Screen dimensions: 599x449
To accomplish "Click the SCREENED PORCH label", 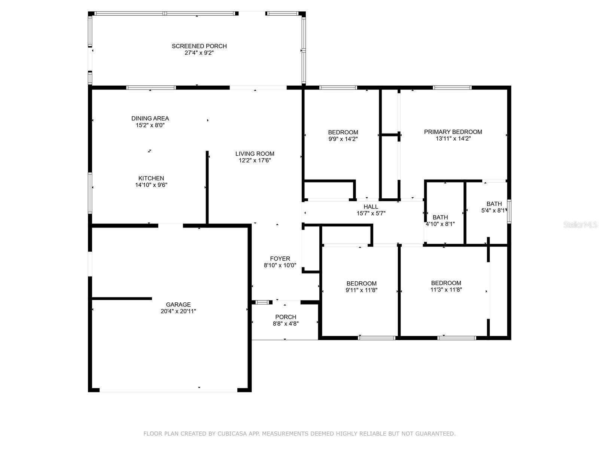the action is [199, 46].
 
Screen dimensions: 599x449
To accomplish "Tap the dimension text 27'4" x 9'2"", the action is [199, 53].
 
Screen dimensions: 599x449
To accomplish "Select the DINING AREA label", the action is [150, 118].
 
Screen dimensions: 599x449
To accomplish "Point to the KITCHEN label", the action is [151, 178].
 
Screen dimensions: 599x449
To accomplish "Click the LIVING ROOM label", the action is [255, 154].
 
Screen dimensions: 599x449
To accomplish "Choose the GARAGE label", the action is [178, 305].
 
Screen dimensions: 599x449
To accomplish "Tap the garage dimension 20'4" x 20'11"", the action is [178, 311].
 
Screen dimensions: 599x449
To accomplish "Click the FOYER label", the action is [280, 259].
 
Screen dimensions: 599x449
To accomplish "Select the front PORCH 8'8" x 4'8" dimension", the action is [286, 324].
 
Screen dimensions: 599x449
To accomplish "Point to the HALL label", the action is [371, 207].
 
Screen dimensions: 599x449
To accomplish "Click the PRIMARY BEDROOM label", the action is [453, 132].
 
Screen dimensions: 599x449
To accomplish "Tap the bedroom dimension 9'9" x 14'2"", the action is [343, 139].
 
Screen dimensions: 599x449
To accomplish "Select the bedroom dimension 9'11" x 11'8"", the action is [361, 290].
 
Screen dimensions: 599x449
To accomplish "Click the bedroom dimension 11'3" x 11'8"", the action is [446, 290].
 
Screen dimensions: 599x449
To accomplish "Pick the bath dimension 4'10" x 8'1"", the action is [440, 224].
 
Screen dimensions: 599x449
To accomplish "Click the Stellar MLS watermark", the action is [580, 224].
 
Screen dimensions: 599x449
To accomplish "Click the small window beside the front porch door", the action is [262, 302].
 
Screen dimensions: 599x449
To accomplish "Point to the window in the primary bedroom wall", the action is [452, 88].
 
